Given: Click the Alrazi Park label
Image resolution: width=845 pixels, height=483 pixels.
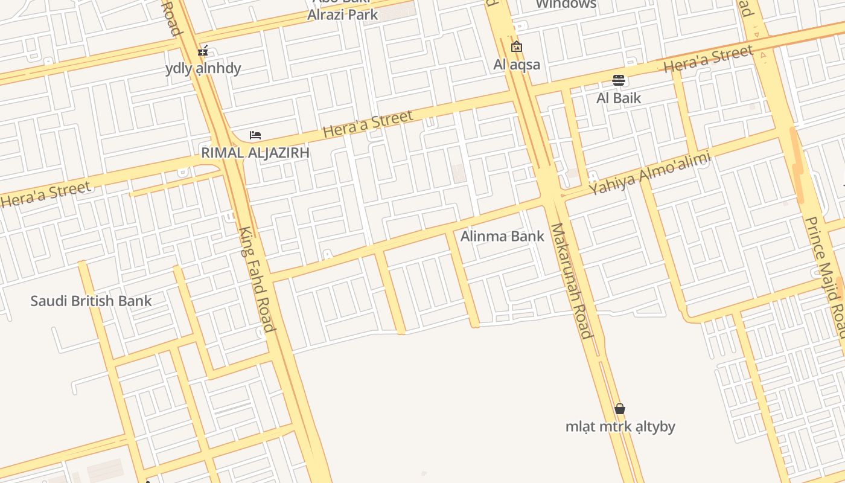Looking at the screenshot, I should pyautogui.click(x=342, y=14).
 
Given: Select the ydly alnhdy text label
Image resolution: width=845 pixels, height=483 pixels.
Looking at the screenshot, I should pyautogui.click(x=203, y=68).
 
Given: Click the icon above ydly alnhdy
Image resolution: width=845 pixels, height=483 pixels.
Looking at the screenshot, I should pyautogui.click(x=203, y=50).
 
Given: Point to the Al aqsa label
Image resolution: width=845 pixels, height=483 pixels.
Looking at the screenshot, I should pyautogui.click(x=517, y=65).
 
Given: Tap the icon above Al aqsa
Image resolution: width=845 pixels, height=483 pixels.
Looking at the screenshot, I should pyautogui.click(x=517, y=46).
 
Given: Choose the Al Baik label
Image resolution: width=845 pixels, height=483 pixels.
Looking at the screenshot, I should pyautogui.click(x=619, y=98).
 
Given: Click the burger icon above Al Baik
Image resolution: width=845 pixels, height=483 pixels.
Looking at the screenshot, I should pyautogui.click(x=619, y=80).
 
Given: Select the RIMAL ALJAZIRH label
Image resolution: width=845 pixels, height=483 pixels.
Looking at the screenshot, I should pyautogui.click(x=255, y=153).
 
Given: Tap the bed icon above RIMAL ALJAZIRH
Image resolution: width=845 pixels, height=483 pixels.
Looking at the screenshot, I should pyautogui.click(x=255, y=135).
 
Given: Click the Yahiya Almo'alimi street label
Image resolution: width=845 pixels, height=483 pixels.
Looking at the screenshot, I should pyautogui.click(x=650, y=173).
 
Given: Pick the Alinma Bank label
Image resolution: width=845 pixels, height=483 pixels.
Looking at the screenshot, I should pyautogui.click(x=502, y=236).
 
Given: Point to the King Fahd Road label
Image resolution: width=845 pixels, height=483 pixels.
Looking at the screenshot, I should pyautogui.click(x=257, y=279).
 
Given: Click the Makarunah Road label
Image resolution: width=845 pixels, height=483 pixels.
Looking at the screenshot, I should pyautogui.click(x=570, y=281).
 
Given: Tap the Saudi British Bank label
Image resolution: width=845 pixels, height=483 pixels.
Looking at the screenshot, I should pyautogui.click(x=91, y=301).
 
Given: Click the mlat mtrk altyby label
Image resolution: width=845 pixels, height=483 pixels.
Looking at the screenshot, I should pyautogui.click(x=620, y=427).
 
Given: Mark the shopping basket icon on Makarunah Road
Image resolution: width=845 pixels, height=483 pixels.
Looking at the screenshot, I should pyautogui.click(x=619, y=409).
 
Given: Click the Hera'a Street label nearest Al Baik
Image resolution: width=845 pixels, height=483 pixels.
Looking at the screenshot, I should pyautogui.click(x=709, y=59).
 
